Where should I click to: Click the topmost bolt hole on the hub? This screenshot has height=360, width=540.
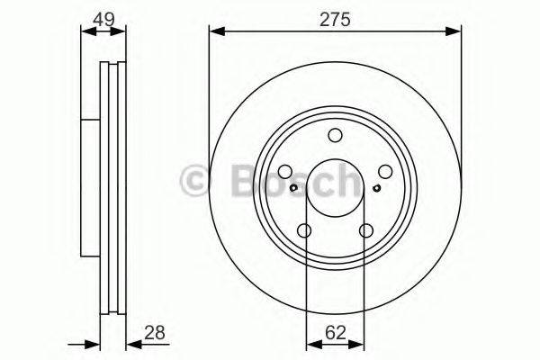point(336,136)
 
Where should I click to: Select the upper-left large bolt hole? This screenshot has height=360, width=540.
point(285,173)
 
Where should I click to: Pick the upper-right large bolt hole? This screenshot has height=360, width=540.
point(385,173)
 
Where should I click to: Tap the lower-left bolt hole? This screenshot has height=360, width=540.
point(305,231)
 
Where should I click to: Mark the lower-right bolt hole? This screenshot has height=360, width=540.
point(365,231)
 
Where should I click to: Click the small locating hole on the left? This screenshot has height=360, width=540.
point(294,188)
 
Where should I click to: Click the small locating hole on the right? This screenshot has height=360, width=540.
point(375,188)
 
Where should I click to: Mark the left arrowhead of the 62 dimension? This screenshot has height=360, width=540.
point(311,342)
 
